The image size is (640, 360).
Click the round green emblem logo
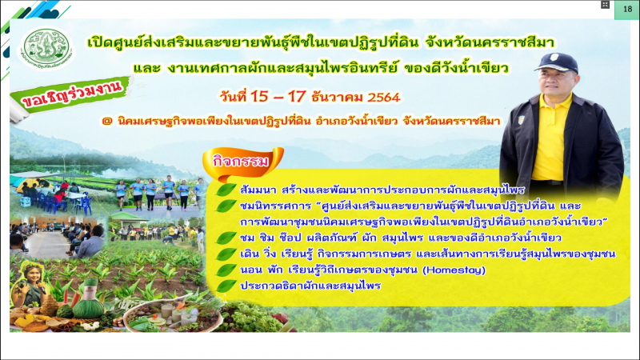point(46,49)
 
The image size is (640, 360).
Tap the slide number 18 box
point(627,10)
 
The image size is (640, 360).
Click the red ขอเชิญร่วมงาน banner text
point(72,96)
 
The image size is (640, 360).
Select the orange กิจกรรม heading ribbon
point(242,162)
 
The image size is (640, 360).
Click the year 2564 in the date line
point(384,97)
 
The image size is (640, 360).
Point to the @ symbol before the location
point(107,122)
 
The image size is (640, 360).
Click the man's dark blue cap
point(556,62)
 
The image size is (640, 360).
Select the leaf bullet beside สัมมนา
point(226,190)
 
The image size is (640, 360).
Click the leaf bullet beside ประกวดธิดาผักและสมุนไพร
point(226,286)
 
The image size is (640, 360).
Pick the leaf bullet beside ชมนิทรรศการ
point(226,206)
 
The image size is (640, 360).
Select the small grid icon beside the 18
point(605,5)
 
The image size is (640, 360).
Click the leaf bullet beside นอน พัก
point(226,270)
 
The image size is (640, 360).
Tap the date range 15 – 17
point(278,97)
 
